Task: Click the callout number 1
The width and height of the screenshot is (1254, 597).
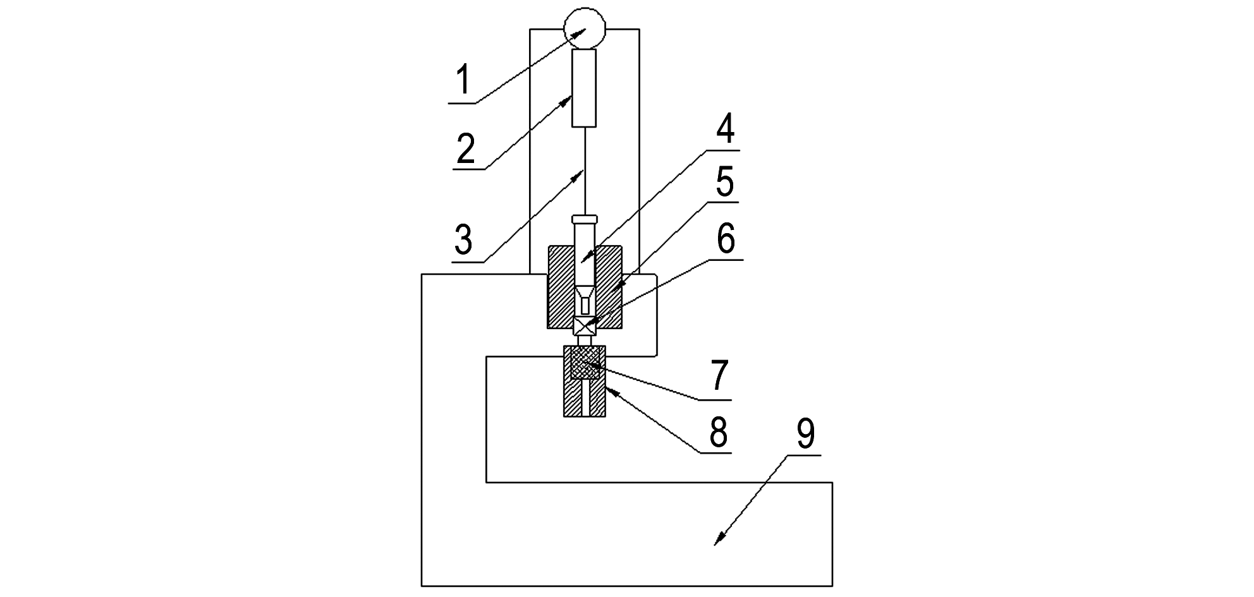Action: point(464,81)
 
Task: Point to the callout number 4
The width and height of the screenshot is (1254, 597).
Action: point(724,131)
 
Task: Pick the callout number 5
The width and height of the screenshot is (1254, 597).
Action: point(724,183)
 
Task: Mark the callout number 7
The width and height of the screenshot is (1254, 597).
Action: point(719,375)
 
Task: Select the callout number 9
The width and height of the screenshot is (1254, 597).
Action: point(805,433)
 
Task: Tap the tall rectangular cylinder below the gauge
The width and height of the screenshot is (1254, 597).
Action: point(584,88)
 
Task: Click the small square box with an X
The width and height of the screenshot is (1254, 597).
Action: point(585,325)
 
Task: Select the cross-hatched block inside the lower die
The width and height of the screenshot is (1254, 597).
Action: point(585,363)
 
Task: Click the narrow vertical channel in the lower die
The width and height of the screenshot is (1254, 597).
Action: point(585,398)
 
